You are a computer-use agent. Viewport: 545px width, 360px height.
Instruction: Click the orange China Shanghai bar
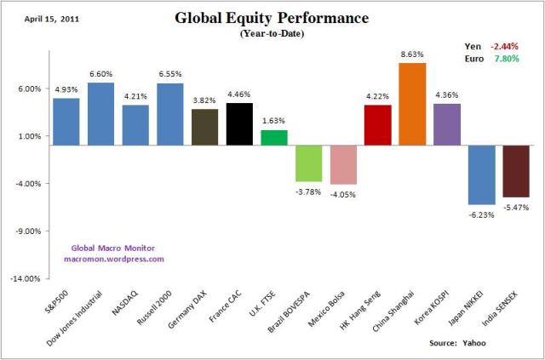[x=412, y=104]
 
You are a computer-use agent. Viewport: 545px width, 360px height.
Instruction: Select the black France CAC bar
[x=239, y=124]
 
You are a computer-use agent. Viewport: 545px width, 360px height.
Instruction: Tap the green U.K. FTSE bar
[x=274, y=138]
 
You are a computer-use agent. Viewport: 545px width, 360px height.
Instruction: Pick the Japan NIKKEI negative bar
[x=481, y=175]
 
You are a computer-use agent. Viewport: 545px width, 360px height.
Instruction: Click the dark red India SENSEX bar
[x=515, y=172]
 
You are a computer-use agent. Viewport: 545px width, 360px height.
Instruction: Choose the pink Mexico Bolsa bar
[x=343, y=165]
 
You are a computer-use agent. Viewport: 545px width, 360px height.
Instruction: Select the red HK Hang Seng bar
[x=377, y=125]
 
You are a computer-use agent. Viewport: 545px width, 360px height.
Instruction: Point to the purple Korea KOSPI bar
[x=446, y=124]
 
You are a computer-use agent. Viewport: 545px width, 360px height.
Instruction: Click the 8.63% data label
[x=412, y=54]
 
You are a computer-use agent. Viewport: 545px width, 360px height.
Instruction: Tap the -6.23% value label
[x=482, y=214]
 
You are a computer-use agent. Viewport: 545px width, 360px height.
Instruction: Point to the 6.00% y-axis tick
[x=28, y=89]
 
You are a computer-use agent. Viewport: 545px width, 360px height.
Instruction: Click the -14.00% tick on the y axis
[x=26, y=278]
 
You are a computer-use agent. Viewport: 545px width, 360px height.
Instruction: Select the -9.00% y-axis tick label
[x=27, y=231]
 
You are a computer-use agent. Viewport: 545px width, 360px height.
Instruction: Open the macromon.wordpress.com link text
[x=113, y=259]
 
